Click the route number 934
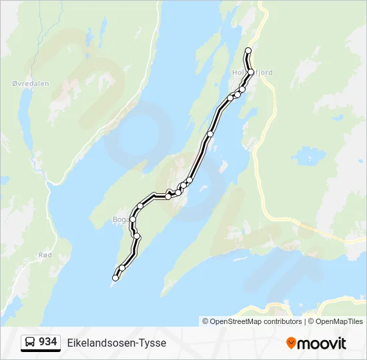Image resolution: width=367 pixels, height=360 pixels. (x=47, y=342)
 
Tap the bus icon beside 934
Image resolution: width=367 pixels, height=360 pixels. (x=30, y=343)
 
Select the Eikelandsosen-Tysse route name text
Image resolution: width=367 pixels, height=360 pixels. (x=117, y=343)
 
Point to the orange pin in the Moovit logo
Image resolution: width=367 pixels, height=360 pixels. (x=291, y=343)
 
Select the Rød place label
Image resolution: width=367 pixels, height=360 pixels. (x=45, y=255)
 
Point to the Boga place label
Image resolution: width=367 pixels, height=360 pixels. (x=120, y=219)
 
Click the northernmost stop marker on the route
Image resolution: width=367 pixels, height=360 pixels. (x=248, y=51)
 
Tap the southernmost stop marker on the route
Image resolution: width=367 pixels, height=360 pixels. (x=115, y=279)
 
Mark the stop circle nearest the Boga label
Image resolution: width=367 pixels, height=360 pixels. (x=133, y=219)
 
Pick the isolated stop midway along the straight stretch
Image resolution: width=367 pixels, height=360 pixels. (x=210, y=134)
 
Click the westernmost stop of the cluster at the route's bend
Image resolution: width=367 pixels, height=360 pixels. (x=168, y=197)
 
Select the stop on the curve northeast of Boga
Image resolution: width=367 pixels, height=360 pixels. (x=140, y=206)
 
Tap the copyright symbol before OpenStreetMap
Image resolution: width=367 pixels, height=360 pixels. (x=206, y=321)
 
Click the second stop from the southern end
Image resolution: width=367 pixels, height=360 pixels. (x=122, y=268)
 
